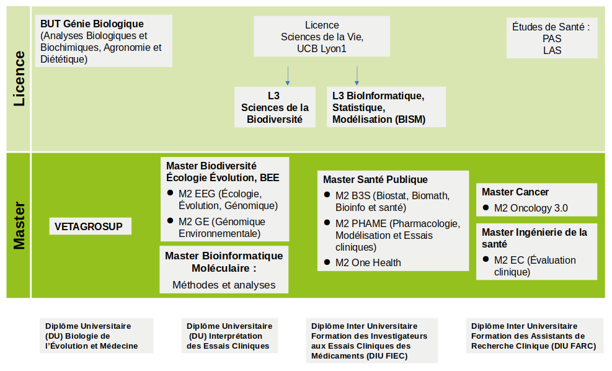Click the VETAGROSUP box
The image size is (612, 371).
90,226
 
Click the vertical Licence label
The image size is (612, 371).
19,79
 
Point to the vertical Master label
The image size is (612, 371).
19,225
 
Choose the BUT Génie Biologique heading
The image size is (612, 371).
92,24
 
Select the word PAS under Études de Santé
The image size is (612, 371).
552,38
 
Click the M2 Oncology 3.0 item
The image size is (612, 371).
531,208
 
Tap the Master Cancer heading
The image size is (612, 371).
515,192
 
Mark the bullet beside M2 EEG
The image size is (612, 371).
170,192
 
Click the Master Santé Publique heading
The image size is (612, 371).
375,180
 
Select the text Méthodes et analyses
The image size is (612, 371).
224,285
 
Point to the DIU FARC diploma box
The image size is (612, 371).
533,336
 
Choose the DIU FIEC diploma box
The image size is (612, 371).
371,341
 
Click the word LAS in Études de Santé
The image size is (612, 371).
552,50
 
